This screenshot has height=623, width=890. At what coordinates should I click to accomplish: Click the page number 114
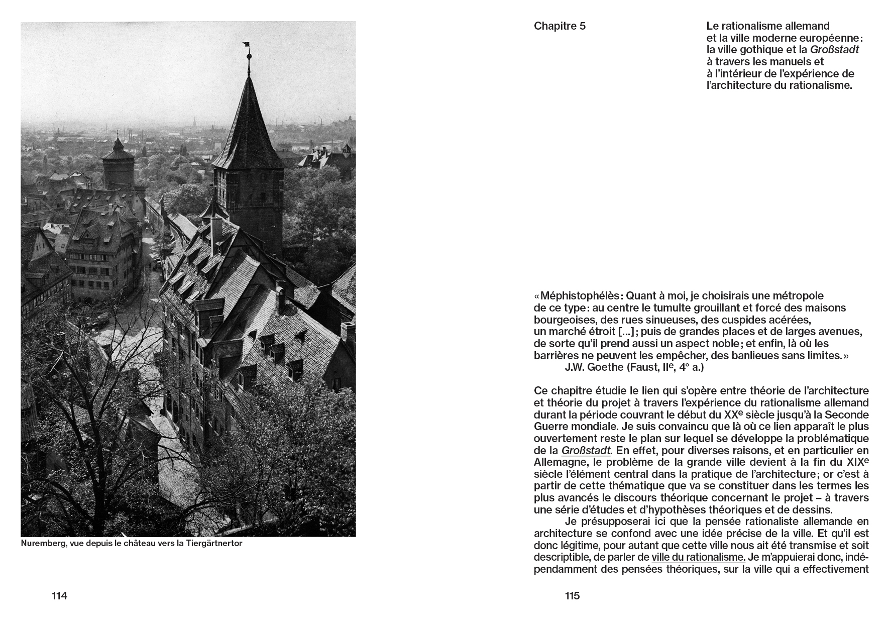(x=59, y=596)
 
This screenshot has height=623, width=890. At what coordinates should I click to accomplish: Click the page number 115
(x=572, y=596)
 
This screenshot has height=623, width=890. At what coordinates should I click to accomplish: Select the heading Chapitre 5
(x=560, y=26)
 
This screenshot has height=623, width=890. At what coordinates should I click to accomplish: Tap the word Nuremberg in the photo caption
(x=42, y=544)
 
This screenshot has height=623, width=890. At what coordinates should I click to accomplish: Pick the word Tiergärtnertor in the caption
(x=214, y=544)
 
